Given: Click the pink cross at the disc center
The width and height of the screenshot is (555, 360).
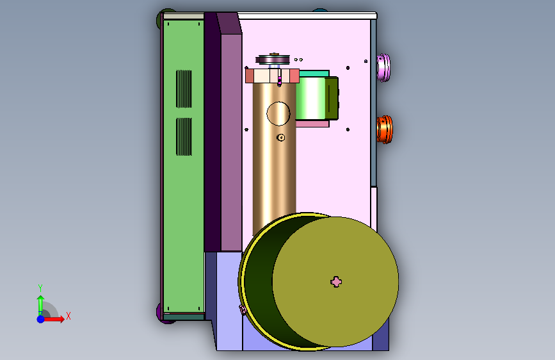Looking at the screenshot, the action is tap(336, 282).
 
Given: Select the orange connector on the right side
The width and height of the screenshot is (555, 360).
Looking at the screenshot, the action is tap(384, 129).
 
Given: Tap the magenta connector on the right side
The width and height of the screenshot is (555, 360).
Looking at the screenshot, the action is tap(383, 67).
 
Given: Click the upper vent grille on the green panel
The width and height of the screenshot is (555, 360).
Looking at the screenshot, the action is tap(184, 88).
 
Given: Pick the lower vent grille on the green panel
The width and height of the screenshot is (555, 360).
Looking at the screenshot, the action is tap(184, 137).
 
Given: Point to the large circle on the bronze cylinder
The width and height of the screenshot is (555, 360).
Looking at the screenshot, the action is tap(278, 114).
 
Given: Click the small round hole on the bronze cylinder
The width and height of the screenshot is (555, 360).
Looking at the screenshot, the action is tap(280, 137).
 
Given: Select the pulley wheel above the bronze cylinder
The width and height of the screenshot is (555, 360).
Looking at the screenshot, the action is tap(273, 59).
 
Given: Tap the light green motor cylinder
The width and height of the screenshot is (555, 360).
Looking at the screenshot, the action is tap(310, 98).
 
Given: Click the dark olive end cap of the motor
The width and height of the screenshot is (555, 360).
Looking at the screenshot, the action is tap(332, 98).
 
